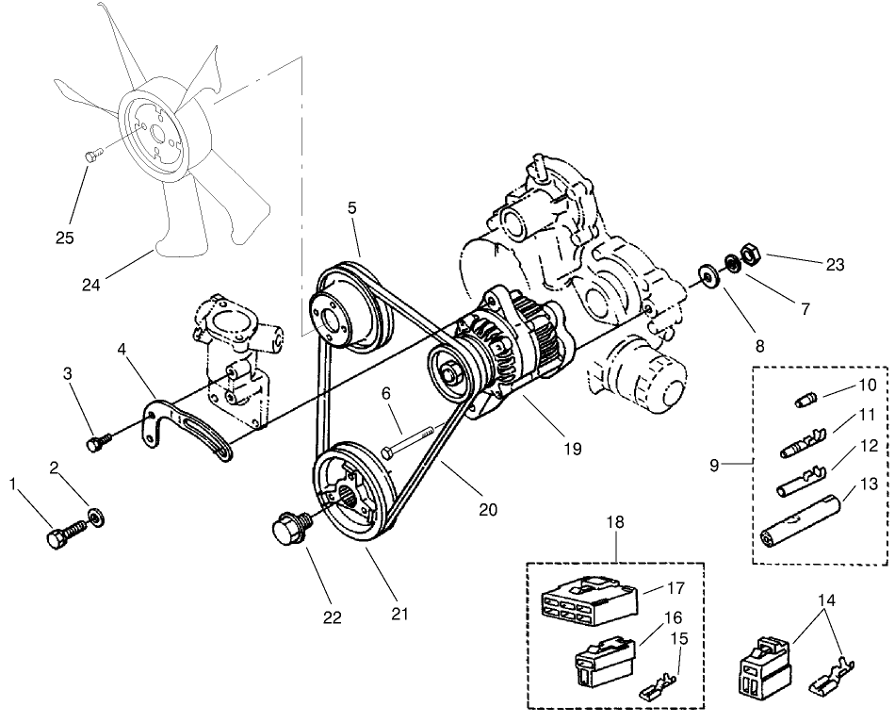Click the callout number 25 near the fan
(64, 238)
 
